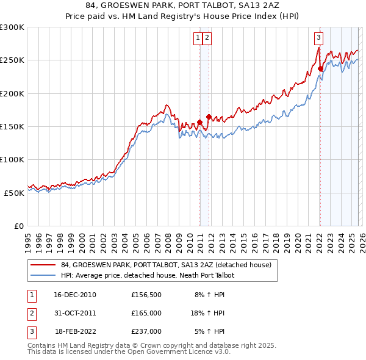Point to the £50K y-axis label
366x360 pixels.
point(14,193)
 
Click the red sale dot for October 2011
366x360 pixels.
point(209,117)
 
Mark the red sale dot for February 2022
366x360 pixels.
point(320,69)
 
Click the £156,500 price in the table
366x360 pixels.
point(146,295)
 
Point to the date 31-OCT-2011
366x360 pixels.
point(75,313)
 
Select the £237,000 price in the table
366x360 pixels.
point(146,331)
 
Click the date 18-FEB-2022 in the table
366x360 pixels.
point(76,331)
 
